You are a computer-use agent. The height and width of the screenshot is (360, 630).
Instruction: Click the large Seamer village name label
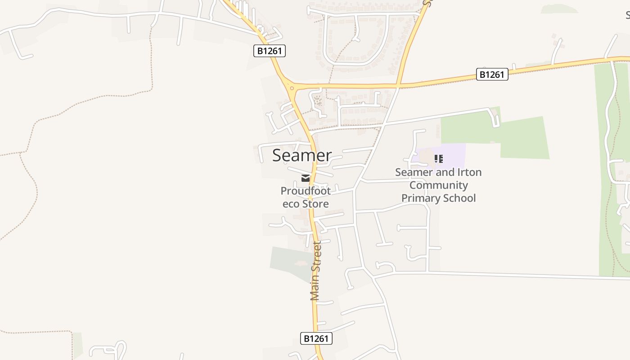(x=302, y=155)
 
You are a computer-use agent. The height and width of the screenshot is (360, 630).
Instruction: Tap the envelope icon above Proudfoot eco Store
(x=306, y=178)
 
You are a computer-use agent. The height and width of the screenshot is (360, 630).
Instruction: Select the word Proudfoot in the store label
(x=306, y=191)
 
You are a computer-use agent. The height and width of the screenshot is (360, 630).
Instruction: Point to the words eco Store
(x=306, y=203)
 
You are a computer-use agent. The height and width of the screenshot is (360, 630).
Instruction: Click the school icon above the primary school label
(x=439, y=158)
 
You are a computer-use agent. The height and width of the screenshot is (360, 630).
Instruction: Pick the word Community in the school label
(x=439, y=185)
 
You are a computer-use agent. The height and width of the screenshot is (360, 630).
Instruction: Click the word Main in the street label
(x=315, y=288)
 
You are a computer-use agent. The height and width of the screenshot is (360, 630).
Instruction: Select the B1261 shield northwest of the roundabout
(x=270, y=51)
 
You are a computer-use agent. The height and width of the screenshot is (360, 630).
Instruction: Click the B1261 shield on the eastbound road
(x=492, y=74)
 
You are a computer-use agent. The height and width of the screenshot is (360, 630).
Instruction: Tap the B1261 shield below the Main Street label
(x=316, y=338)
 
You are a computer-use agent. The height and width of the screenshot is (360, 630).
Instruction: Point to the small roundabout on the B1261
(x=292, y=88)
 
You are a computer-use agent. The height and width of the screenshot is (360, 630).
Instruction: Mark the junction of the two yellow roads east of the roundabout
(x=398, y=85)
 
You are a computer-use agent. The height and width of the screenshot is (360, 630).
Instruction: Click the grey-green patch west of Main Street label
(x=288, y=261)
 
